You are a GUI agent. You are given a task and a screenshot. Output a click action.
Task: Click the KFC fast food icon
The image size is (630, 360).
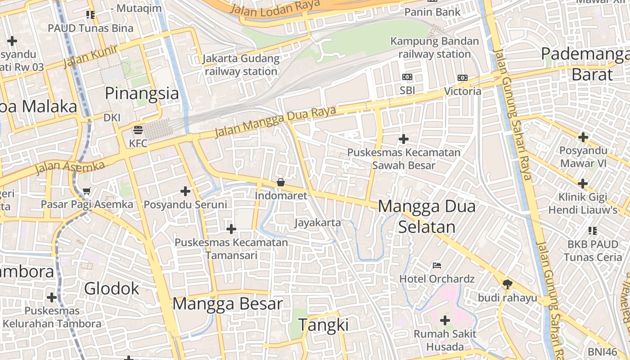138,130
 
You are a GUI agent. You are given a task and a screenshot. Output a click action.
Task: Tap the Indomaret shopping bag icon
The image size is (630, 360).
281,182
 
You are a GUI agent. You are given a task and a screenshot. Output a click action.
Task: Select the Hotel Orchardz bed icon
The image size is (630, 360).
436,265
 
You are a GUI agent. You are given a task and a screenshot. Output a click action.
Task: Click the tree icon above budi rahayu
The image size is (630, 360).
508,284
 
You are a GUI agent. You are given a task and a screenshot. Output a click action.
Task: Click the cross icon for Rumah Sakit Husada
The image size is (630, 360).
445,320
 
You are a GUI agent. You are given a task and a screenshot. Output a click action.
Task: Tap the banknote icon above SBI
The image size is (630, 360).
407,77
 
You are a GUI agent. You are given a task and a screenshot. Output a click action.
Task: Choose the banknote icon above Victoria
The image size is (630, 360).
463,78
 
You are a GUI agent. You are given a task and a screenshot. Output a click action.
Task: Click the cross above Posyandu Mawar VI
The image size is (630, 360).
583,137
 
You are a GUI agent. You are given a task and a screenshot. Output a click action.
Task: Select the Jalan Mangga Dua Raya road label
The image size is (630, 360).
275,121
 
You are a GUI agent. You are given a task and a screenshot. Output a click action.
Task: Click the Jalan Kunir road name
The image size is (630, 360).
90,56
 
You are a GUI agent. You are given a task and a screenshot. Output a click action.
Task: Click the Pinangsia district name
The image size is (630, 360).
142,94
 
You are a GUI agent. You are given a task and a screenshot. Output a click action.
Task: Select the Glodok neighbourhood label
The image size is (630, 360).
112,288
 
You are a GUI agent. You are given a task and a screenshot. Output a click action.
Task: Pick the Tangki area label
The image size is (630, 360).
324,324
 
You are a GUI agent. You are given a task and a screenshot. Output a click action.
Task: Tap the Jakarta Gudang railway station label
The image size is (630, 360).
241,65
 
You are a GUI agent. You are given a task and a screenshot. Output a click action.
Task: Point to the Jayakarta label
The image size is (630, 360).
318,222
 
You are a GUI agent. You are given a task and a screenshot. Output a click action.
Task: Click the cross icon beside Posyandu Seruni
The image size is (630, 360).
185,192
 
